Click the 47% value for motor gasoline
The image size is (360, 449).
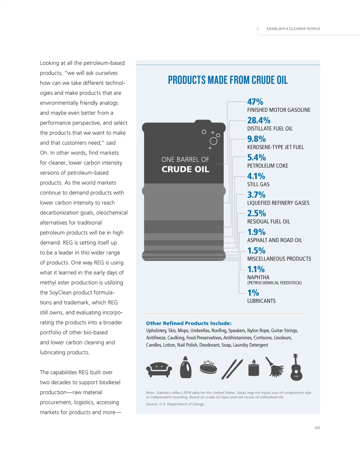(255, 102)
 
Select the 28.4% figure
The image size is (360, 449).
(259, 120)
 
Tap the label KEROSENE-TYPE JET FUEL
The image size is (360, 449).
(275, 147)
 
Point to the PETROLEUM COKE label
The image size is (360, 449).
(268, 166)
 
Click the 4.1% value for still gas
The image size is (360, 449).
(256, 176)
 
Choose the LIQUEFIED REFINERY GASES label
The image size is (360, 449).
(278, 203)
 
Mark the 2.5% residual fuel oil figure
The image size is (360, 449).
(256, 213)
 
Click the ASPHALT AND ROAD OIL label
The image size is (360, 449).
(274, 240)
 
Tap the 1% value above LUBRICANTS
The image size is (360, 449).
(253, 293)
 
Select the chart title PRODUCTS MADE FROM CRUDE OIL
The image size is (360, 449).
(228, 80)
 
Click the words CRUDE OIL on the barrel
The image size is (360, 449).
(185, 169)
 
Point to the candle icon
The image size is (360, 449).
(253, 368)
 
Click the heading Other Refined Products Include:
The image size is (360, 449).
(189, 323)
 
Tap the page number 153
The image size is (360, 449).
(317, 428)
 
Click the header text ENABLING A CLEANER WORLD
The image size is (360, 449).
(293, 29)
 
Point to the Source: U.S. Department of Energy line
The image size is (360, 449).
(175, 404)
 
